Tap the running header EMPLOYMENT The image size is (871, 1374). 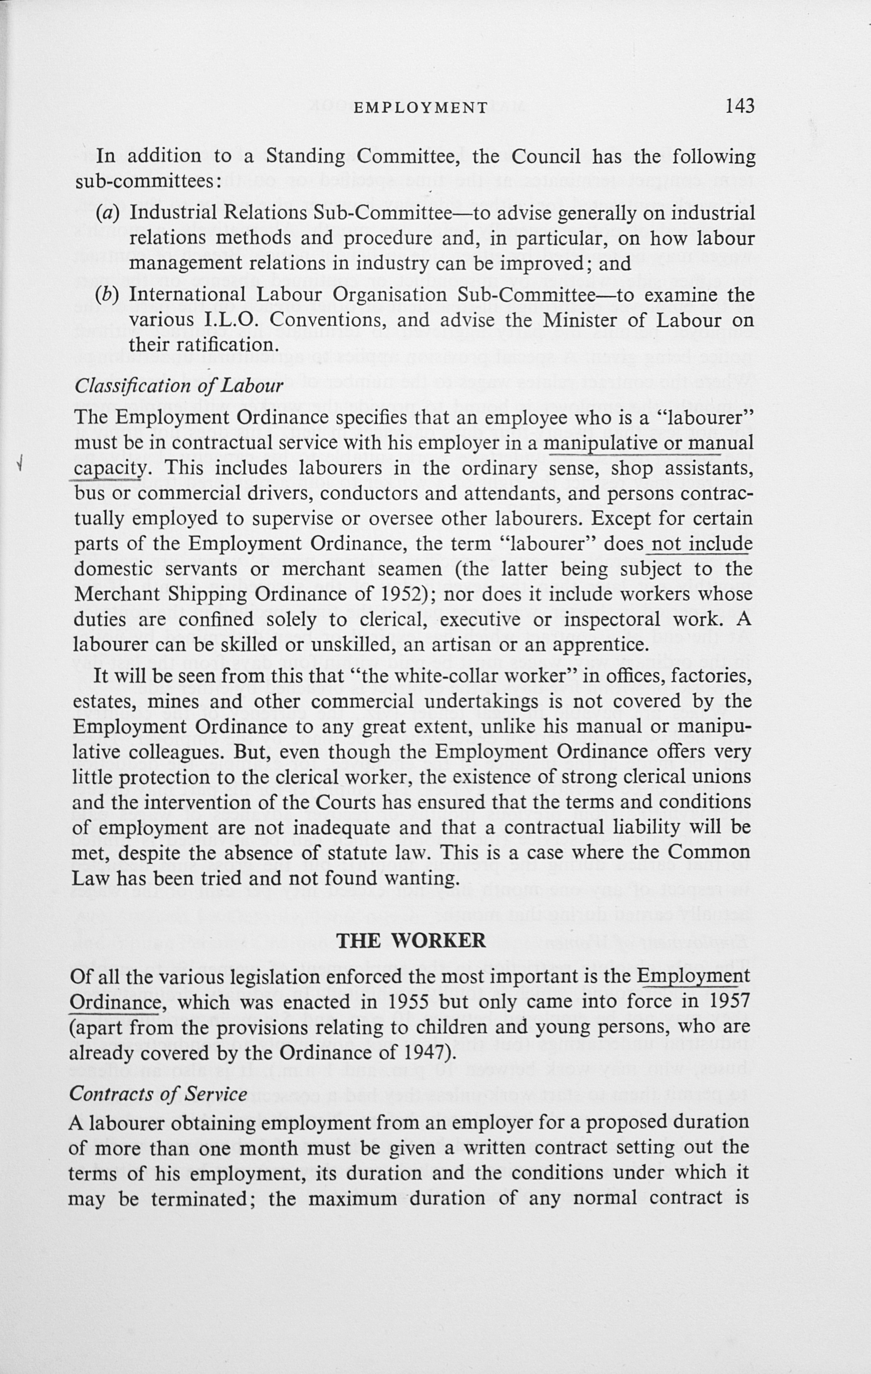(420, 108)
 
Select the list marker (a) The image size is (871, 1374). (108, 213)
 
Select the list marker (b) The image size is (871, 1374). (108, 295)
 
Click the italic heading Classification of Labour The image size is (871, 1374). (178, 386)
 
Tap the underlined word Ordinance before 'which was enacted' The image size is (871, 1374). (114, 1003)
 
